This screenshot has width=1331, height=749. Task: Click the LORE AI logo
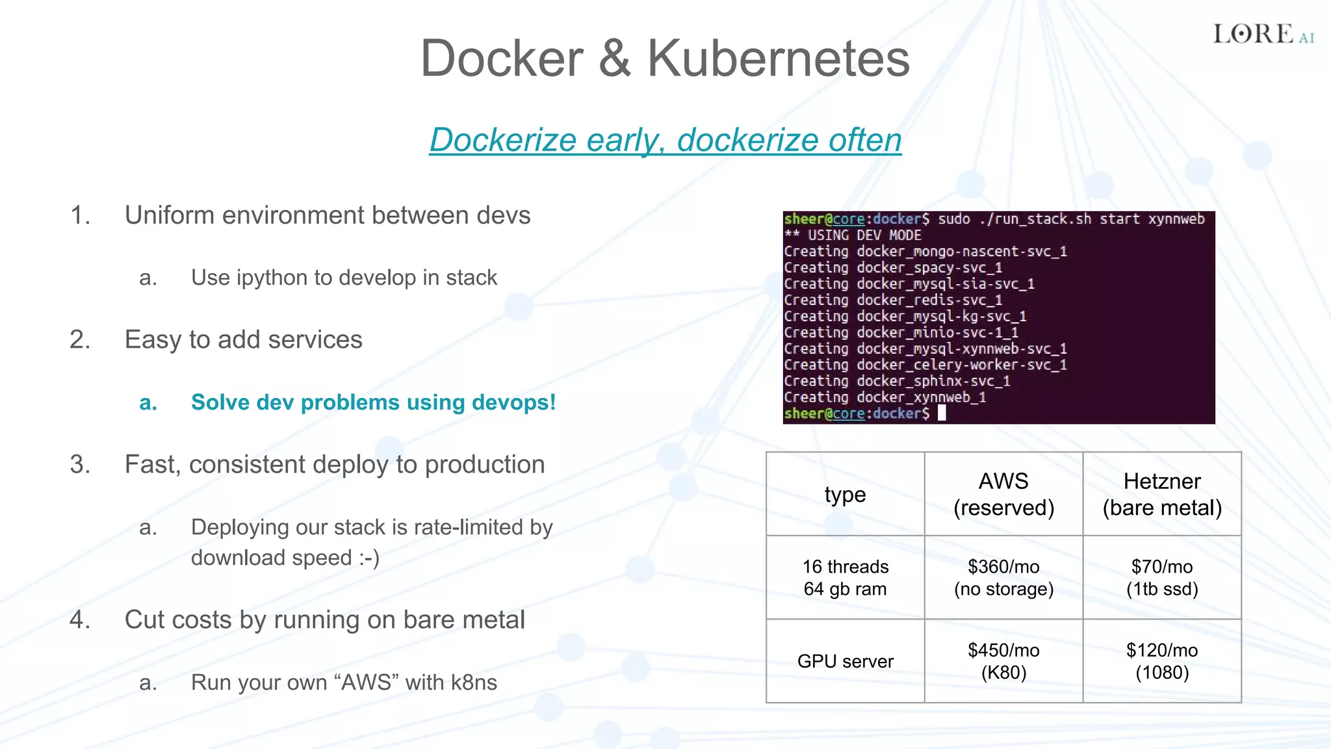click(1263, 34)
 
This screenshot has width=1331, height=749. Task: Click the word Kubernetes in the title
click(778, 59)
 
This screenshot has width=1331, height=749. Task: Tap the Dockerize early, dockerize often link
click(665, 140)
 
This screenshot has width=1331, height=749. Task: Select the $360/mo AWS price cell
click(1003, 577)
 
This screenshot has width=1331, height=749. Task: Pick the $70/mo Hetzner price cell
click(1162, 577)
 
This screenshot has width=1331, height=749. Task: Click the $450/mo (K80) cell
click(1003, 661)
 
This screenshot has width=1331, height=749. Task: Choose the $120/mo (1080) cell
click(1162, 661)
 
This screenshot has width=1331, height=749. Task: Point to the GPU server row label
click(845, 661)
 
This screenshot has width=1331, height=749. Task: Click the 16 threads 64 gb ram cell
click(845, 577)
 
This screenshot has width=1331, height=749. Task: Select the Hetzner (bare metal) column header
click(1162, 494)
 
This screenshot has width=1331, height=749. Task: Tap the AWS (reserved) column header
click(1003, 494)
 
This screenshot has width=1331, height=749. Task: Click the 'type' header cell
click(845, 495)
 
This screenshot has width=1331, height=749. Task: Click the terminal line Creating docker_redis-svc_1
click(893, 300)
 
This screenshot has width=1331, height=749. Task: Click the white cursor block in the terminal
click(942, 414)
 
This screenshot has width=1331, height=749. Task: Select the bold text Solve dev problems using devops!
click(373, 402)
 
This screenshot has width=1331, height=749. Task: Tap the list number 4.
click(79, 620)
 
